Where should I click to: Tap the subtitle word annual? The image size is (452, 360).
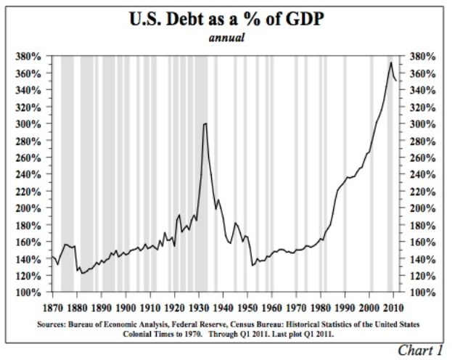point(227,37)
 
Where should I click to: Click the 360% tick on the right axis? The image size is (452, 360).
point(422,73)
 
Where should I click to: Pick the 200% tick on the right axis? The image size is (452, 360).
point(422,208)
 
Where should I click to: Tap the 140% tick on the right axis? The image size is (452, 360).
point(422,259)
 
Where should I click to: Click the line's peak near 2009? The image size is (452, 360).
point(391,62)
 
